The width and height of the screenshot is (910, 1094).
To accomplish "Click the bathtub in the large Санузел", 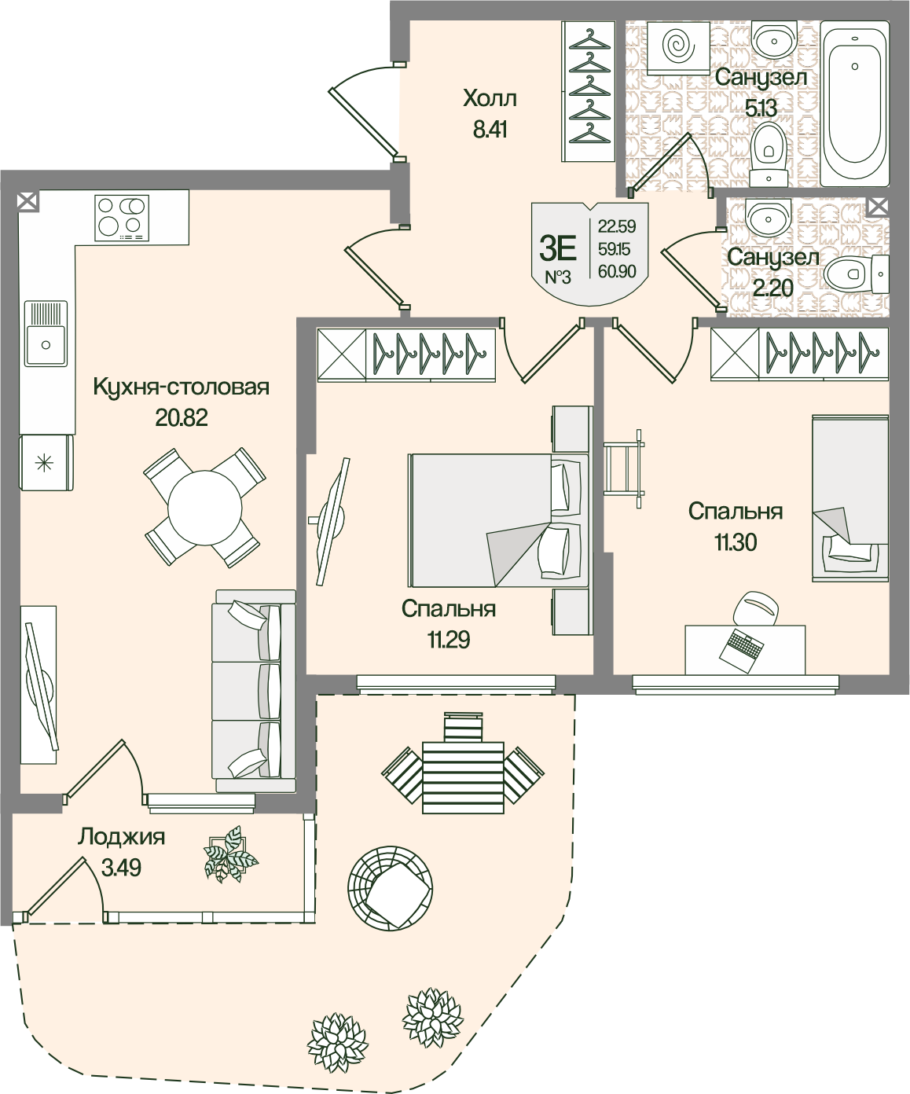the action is tap(854, 103).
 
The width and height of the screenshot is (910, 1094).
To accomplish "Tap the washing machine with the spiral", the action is tap(678, 48).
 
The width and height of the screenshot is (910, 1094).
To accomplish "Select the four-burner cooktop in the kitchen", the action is tap(122, 218).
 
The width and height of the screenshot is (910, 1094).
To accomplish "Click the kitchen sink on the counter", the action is tap(46, 334).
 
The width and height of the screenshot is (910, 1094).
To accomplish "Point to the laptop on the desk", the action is tap(741, 651).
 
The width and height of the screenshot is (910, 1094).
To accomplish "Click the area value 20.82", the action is tap(182, 418).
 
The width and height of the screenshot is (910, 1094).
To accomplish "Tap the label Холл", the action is tap(490, 98).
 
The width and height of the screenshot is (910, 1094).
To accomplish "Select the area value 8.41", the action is tap(490, 130).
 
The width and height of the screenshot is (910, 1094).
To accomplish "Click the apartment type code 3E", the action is tap(558, 248).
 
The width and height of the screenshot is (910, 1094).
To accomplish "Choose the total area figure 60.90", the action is tap(617, 271).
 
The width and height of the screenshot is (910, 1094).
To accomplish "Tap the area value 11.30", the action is tap(736, 542).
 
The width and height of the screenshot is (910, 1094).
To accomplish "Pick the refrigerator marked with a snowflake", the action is tap(46, 462).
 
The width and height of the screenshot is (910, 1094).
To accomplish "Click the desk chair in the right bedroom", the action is tap(755, 608).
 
